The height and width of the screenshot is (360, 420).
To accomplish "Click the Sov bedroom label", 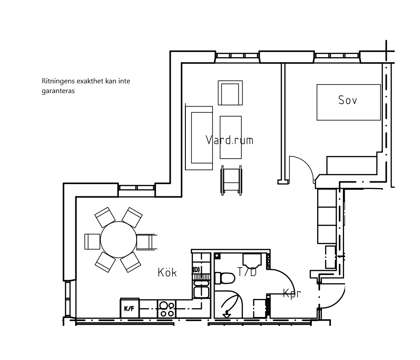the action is click(347, 100).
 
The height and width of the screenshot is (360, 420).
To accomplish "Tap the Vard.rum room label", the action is click(229, 140).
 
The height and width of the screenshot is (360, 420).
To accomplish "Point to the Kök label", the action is click(167, 272).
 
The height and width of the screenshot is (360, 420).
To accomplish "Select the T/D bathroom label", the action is click(247, 272).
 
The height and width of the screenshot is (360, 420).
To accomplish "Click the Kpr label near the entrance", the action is click(292, 293).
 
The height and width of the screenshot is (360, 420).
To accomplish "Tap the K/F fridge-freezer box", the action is click(130, 308).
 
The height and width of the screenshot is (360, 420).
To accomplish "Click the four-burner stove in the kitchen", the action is click(167, 309).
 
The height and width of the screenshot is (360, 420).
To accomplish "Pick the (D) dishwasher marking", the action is click(196, 270).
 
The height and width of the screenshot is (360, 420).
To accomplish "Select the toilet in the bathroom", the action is click(225, 278).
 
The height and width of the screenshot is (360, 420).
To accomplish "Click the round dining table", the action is click(118, 239).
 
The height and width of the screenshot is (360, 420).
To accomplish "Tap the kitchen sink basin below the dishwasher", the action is click(201, 292).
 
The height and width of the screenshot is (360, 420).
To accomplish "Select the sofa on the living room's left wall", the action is click(199, 138).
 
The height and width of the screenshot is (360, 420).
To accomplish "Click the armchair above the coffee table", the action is click(230, 93).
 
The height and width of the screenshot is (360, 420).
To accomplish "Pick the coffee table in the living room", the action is click(231, 137).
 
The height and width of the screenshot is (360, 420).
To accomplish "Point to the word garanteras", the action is click(58, 91).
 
